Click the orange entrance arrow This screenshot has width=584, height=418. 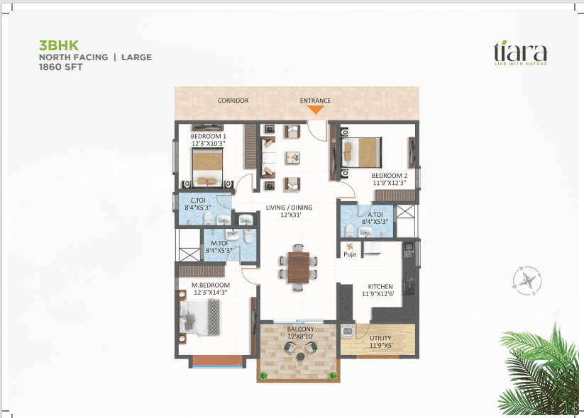click(x=316, y=109)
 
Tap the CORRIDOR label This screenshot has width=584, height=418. click(x=233, y=101)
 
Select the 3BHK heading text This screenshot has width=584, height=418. click(x=59, y=45)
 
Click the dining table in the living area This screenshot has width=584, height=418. click(x=298, y=268)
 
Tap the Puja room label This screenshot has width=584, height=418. click(x=350, y=254)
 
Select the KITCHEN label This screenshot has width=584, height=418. click(x=380, y=287)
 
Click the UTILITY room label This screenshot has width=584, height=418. click(x=380, y=338)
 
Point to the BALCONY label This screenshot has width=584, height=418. click(x=301, y=329)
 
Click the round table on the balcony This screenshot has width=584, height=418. click(x=301, y=356)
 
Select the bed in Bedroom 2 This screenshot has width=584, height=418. click(x=362, y=153)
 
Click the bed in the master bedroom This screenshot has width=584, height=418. click(x=200, y=317)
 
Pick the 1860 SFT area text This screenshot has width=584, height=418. click(x=61, y=67)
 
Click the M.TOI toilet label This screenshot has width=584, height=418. click(x=219, y=244)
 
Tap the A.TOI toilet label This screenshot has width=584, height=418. click(x=375, y=215)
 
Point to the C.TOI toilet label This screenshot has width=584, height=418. click(x=198, y=200)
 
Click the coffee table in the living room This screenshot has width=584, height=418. click(x=293, y=158)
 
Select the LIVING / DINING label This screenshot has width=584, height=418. click(x=289, y=208)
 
